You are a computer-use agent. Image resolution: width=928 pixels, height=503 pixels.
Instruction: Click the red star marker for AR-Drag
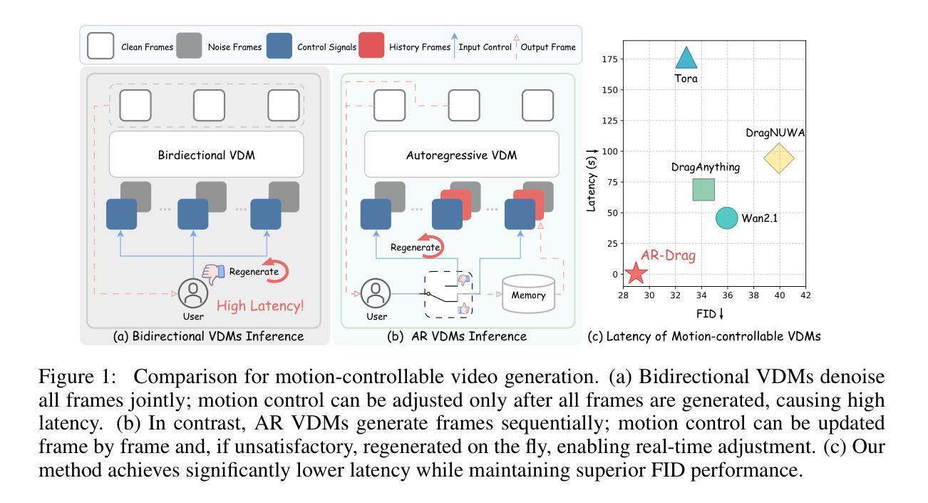pos(635,273)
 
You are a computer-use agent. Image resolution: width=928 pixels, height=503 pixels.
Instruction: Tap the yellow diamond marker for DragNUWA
pos(779,158)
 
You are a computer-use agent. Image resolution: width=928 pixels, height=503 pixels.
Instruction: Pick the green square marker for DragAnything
pos(703,190)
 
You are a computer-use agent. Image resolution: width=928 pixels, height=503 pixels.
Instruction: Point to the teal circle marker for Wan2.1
pos(726,218)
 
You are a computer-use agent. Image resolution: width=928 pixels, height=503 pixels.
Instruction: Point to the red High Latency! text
pos(259,307)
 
